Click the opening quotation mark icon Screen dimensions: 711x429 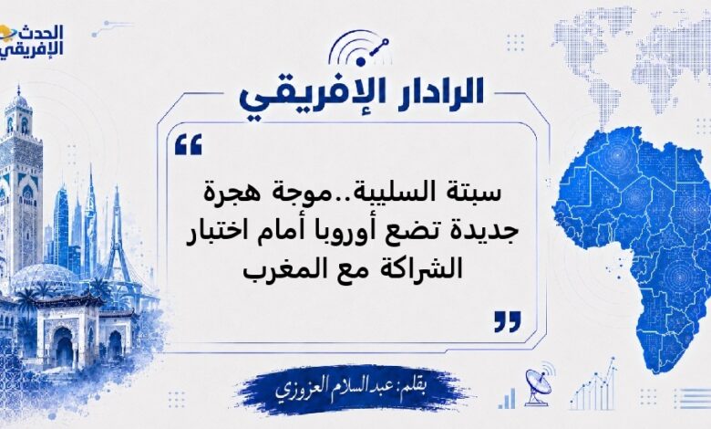click(188, 145)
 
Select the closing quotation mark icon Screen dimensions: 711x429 click(508, 321)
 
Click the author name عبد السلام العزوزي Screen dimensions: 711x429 click(329, 388)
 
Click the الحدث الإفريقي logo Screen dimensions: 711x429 click(31, 40)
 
